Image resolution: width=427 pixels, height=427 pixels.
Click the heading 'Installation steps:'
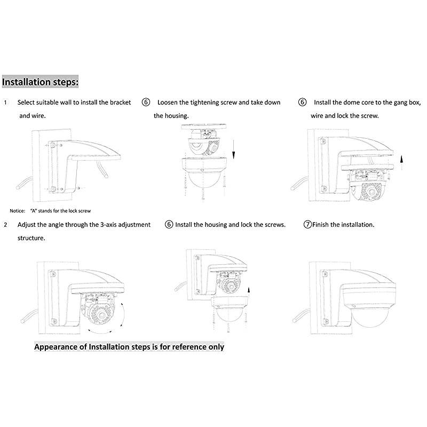tap(41, 83)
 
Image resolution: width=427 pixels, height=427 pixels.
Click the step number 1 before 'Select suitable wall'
tap(5, 102)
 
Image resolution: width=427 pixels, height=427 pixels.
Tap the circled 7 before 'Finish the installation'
tap(307, 225)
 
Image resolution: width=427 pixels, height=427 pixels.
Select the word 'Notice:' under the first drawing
tap(18, 211)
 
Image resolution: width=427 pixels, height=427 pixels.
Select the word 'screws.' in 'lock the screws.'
tap(274, 225)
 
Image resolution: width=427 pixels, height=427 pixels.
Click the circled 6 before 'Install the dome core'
tap(303, 102)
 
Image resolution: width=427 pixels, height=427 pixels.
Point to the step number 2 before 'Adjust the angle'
tap(5, 225)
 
